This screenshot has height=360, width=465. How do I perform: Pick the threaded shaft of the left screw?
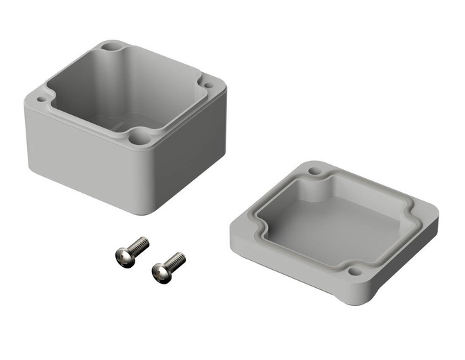point(139,244)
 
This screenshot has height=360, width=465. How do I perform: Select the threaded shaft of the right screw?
point(176,259)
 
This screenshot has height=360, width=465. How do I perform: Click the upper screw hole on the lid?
point(315,170)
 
